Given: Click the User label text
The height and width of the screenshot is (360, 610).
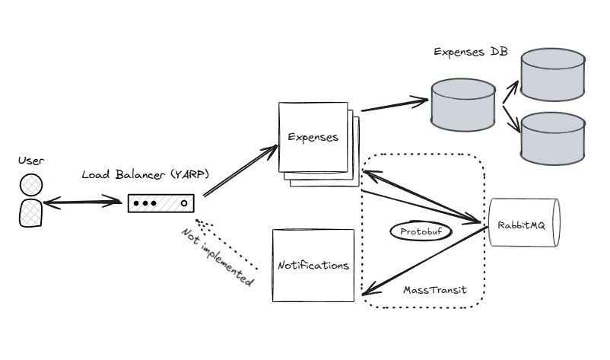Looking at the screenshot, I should [31, 161].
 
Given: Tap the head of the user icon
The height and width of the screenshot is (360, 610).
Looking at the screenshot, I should [31, 186].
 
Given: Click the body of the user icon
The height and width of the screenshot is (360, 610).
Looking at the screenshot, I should [30, 212].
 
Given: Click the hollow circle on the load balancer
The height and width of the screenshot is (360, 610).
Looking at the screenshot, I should [183, 204].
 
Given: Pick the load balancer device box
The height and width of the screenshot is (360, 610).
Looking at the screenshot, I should [160, 204].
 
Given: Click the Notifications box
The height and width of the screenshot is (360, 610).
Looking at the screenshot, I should [313, 265].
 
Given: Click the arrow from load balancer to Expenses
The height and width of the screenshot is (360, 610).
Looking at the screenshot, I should [240, 172].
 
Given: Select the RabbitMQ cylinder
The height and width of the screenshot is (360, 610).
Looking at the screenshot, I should [523, 222].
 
